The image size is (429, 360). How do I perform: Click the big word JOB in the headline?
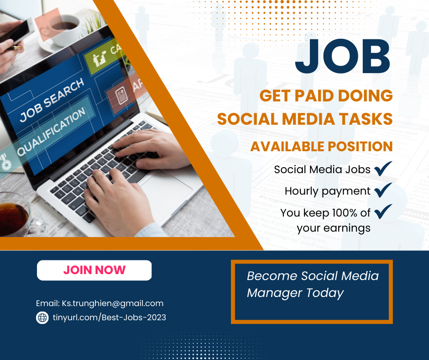pyautogui.click(x=343, y=57)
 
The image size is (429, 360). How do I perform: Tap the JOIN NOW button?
pyautogui.click(x=94, y=270)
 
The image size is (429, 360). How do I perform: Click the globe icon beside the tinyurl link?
pyautogui.click(x=42, y=318)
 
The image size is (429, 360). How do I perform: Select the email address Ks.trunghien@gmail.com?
pyautogui.click(x=112, y=303)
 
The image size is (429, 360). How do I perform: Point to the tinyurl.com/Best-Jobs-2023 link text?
pyautogui.click(x=110, y=317)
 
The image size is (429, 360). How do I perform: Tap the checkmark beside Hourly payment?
pyautogui.click(x=383, y=190)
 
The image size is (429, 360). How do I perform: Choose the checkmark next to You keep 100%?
pyautogui.click(x=383, y=212)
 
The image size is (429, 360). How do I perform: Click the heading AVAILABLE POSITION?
pyautogui.click(x=321, y=146)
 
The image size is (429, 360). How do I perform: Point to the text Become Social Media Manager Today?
pyautogui.click(x=313, y=284)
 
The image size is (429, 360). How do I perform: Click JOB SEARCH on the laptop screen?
pyautogui.click(x=52, y=100)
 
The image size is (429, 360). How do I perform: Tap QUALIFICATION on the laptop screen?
pyautogui.click(x=52, y=131)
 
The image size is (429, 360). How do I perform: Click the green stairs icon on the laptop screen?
pyautogui.click(x=99, y=58)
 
